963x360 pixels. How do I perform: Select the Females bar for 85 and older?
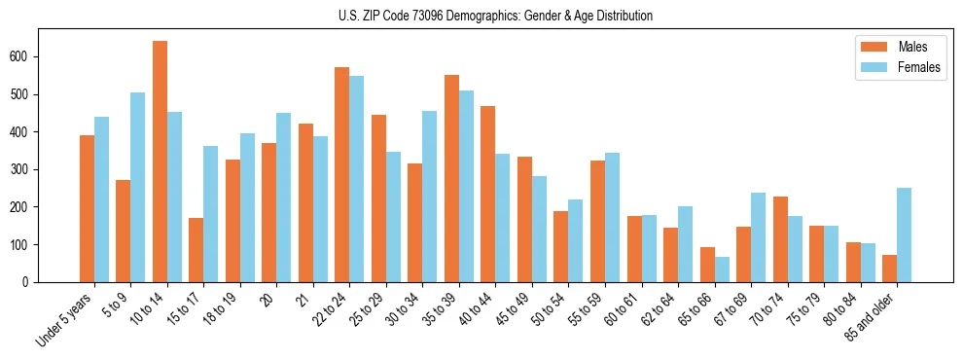pyautogui.click(x=905, y=234)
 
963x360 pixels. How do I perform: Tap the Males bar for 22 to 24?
pyautogui.click(x=342, y=175)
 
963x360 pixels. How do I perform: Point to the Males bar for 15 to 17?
pyautogui.click(x=196, y=250)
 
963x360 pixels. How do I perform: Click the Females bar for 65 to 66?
pyautogui.click(x=722, y=270)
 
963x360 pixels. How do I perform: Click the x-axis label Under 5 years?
pyautogui.click(x=67, y=317)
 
